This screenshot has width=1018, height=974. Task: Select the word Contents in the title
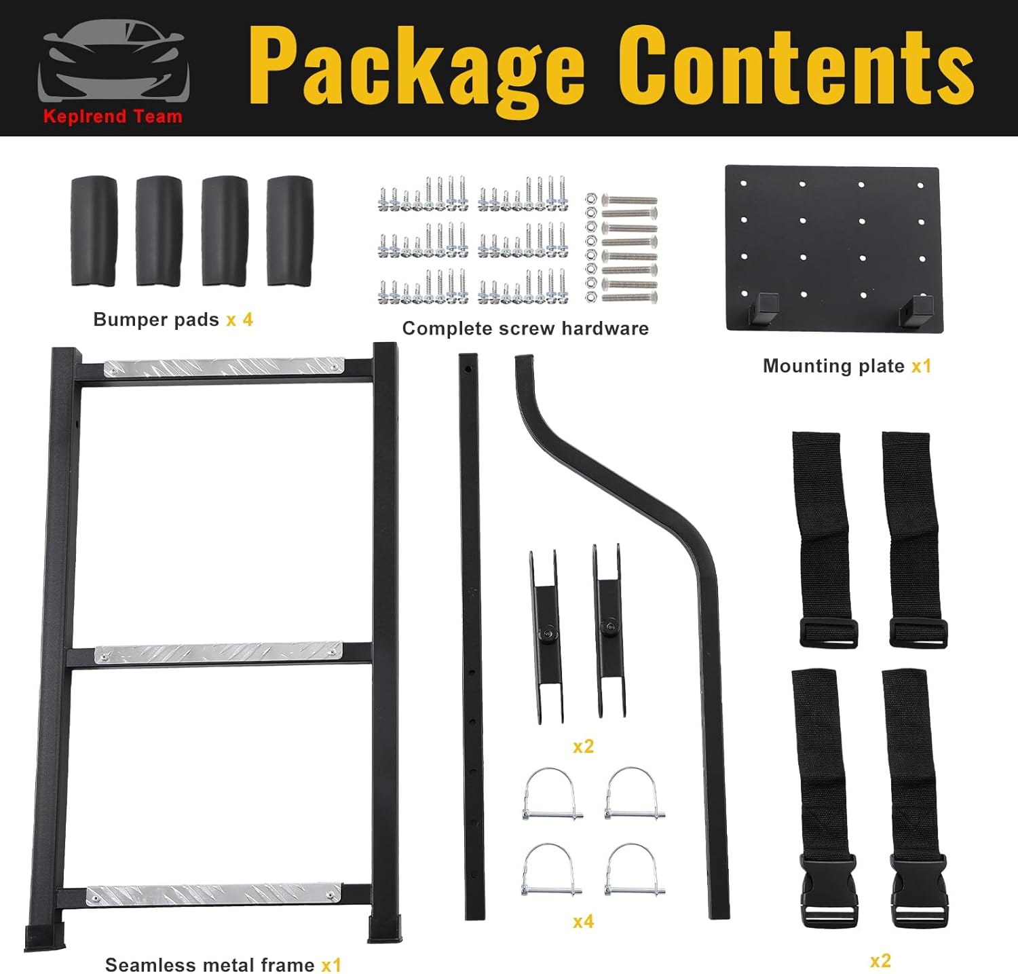(x=795, y=67)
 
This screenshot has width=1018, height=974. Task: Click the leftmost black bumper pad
(x=94, y=231)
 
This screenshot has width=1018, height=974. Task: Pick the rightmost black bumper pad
(x=290, y=231)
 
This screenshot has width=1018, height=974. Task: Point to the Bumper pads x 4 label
(x=172, y=320)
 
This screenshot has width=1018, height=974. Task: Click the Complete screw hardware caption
(x=525, y=329)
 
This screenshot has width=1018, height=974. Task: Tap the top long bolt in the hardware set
(x=629, y=200)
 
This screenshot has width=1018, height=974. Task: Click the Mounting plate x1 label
(x=846, y=367)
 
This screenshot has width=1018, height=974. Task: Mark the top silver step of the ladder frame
(x=223, y=367)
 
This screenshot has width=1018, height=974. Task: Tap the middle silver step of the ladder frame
(x=219, y=653)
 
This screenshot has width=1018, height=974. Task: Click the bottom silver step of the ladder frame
(x=213, y=894)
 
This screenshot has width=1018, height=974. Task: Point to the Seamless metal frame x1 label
(x=223, y=964)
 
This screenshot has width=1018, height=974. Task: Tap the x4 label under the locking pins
(x=583, y=921)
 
